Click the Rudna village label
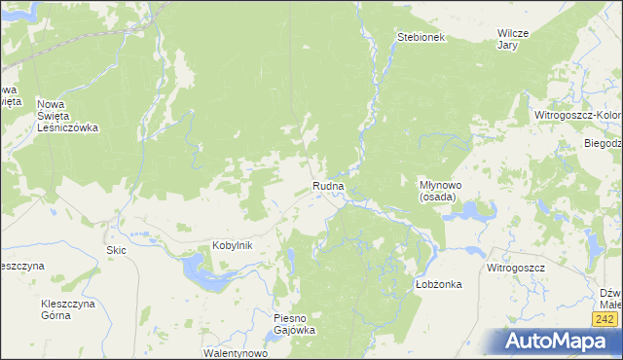[x=328, y=186]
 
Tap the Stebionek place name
[x=421, y=37]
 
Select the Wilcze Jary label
[x=512, y=39]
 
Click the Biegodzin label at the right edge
[x=603, y=143]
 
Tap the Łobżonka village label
[x=437, y=284]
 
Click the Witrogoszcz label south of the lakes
[x=516, y=267]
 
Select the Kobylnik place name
[x=233, y=246]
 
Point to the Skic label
[x=116, y=250]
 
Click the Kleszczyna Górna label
[x=66, y=309]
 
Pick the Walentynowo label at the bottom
[x=235, y=353]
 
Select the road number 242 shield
[x=605, y=319]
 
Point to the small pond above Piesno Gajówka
[x=291, y=259]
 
